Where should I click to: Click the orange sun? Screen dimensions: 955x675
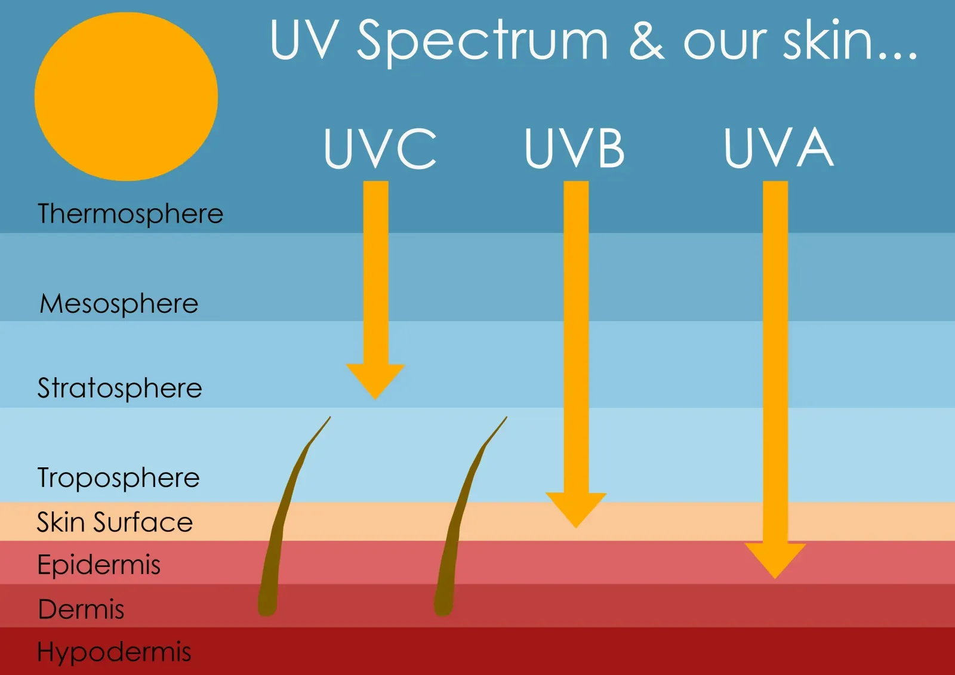click(126, 96)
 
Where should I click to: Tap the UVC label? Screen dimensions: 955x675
click(380, 149)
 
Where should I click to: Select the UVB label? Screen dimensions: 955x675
click(575, 149)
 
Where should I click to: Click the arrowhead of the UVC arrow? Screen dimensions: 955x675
click(375, 381)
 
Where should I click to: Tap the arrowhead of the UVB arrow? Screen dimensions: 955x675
click(576, 509)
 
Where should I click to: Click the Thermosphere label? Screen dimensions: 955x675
click(131, 214)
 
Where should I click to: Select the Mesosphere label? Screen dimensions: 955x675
click(119, 304)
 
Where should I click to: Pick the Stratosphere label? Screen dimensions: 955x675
click(120, 389)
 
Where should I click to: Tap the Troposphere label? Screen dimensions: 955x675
click(119, 478)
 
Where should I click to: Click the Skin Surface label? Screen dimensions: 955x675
click(115, 522)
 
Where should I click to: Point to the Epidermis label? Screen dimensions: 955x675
click(99, 565)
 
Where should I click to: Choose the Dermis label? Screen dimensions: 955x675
click(81, 609)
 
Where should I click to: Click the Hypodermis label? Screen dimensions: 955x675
click(114, 652)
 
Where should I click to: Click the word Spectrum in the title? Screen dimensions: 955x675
click(483, 42)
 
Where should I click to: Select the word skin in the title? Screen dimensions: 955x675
click(827, 39)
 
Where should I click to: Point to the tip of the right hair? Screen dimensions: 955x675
click(507, 417)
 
